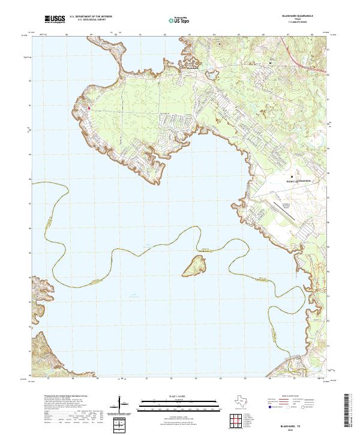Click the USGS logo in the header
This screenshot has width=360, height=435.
55,19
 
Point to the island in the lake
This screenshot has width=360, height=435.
196,263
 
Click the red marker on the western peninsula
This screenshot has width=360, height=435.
89,108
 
